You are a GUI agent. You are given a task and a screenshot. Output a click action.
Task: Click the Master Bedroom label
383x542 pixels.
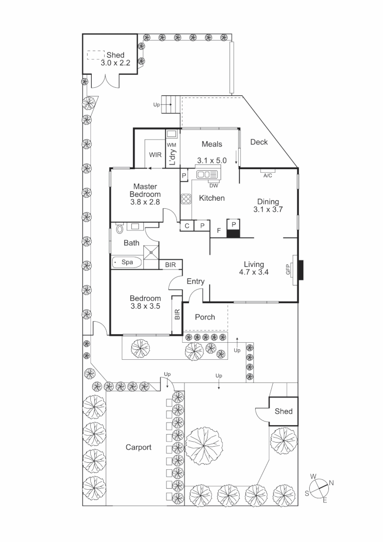coord(145,191)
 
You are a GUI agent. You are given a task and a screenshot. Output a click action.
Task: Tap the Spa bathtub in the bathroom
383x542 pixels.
coord(127,262)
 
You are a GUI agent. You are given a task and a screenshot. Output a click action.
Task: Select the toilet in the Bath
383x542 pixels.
coord(120,228)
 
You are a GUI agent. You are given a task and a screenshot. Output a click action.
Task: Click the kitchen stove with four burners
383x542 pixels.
coord(186,199)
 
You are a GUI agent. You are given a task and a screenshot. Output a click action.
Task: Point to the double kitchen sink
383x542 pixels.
coord(207,174)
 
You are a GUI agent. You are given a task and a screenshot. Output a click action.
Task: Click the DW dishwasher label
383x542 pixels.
coord(214,186)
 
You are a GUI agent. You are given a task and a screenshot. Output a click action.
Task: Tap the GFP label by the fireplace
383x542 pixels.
coord(288,269)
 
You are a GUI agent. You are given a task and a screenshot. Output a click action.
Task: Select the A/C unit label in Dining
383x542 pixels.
coord(268,176)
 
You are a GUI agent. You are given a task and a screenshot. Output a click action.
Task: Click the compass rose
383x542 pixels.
coord(319,488)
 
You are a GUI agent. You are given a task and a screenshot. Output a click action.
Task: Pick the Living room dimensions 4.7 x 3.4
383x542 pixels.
coord(254,272)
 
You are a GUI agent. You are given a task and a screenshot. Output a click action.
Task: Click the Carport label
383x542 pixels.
coord(138,447)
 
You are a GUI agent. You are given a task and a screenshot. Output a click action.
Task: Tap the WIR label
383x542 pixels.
coord(155,155)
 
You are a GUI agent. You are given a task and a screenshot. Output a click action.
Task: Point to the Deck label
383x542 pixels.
coord(259,142)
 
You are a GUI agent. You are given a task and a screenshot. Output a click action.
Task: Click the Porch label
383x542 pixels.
coord(205,317)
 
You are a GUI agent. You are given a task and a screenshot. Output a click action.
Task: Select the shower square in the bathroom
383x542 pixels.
coord(151,252)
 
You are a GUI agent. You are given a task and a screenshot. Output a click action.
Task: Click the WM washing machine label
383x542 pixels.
coord(171,145)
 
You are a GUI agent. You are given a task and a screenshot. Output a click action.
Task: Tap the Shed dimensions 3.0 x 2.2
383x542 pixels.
coord(115,63)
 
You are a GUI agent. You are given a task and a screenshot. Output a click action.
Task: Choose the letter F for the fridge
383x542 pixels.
coord(219,230)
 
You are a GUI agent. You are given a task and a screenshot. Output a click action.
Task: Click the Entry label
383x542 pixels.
coord(196,282)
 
